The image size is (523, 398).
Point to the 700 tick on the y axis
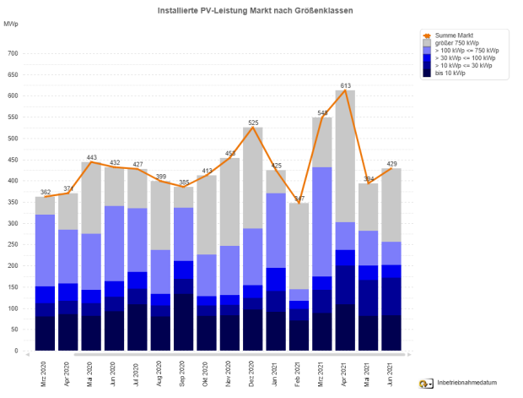click(x=13, y=53)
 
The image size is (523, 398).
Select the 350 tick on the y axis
click(x=13, y=202)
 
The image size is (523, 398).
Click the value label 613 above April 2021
click(x=346, y=86)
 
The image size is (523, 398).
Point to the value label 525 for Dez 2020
click(x=252, y=123)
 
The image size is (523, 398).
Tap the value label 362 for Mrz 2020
click(x=45, y=193)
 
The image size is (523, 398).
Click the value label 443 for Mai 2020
click(x=92, y=158)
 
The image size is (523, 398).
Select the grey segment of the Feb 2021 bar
click(x=299, y=245)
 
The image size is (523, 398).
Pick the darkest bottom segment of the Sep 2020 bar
click(x=184, y=322)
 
